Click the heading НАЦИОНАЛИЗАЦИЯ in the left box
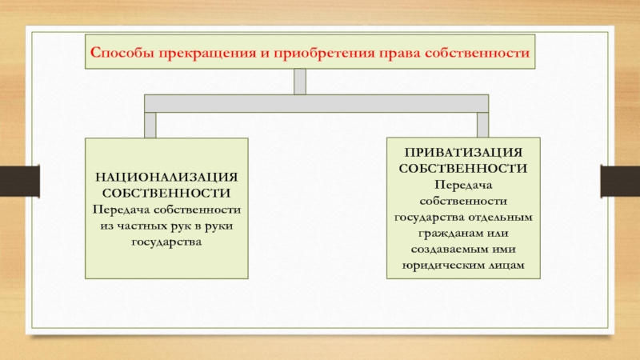point(166,178)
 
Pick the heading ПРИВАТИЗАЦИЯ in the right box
point(463,153)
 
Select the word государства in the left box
point(166,242)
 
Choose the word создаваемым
point(443,249)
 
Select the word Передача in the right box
point(463,186)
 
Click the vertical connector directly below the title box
point(300,82)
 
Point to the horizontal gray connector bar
point(316,104)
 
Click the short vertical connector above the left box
point(150,126)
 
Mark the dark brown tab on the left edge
point(19,182)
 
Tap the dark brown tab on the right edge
point(620,182)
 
